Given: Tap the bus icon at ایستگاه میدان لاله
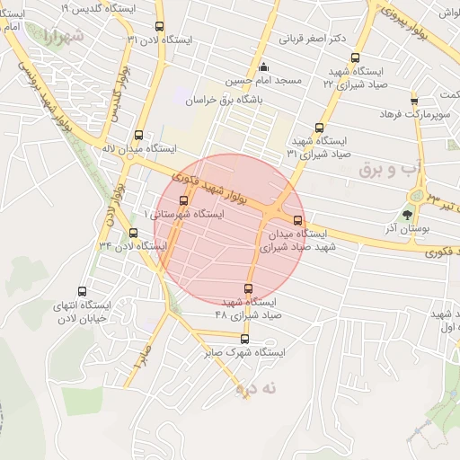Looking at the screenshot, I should (137, 131).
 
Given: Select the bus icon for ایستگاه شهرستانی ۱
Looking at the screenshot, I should (185, 201).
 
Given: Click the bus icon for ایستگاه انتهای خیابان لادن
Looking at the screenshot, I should (83, 292).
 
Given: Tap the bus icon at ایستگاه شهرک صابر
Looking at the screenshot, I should (245, 339).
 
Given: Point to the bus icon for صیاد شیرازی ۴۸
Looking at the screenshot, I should (249, 288).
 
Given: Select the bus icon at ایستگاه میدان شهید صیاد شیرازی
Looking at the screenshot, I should (298, 221).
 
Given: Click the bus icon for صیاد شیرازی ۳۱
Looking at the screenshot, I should (319, 128).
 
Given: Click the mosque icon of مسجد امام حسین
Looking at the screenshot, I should (263, 67).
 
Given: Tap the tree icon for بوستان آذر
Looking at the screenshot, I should (408, 214).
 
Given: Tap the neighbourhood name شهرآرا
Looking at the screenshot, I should (63, 38).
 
